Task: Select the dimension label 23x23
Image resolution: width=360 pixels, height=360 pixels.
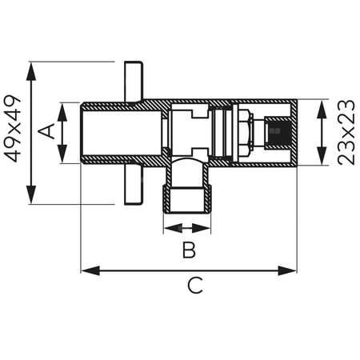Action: coord(346,133)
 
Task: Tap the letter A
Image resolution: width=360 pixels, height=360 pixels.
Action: coord(47,132)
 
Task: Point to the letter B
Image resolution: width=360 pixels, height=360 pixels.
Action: coord(188,250)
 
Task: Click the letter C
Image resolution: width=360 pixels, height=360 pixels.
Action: coord(194,286)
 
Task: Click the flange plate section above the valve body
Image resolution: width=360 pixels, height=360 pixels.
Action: coord(133,80)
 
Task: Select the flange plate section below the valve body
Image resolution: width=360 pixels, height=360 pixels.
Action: coord(133,185)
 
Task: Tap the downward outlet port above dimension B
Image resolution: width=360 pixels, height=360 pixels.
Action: coord(188,196)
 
